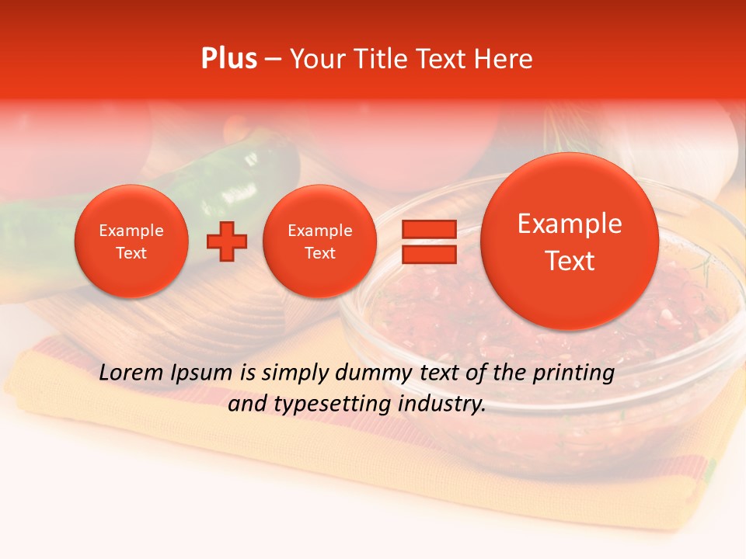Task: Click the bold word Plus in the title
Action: pos(228,58)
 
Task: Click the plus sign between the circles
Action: pos(227,241)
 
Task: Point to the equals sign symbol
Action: pos(428,241)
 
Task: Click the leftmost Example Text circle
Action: pos(131,241)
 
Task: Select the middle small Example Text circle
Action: pos(319,241)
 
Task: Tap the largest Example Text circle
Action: pos(570,241)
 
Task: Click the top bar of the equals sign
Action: pos(428,229)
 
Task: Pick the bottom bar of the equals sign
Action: pos(428,255)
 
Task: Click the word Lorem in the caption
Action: pos(131,373)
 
